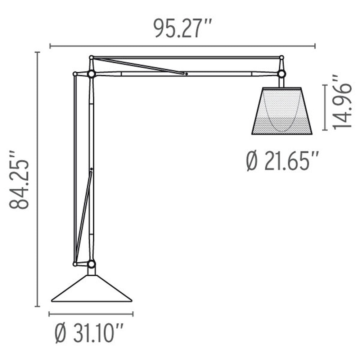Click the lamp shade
point(282,111)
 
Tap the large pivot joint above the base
point(91,265)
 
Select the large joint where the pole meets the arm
point(91,74)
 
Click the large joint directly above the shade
point(282,74)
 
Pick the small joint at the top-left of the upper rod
point(91,57)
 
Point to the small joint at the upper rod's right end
point(282,57)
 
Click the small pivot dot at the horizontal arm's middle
point(186,74)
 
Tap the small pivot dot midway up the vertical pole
point(91,169)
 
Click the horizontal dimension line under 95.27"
point(183,46)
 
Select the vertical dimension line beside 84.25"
point(37,180)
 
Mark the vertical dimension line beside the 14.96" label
point(325,107)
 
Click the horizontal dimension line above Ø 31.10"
point(91,314)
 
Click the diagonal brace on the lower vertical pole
point(84,216)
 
